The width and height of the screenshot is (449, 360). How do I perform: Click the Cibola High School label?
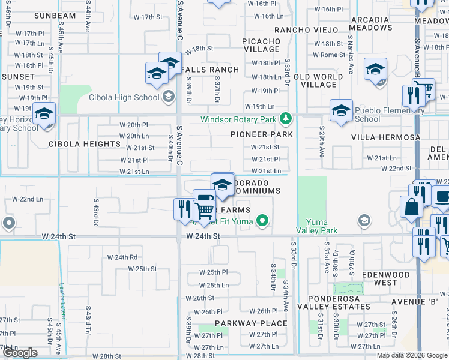click(124, 97)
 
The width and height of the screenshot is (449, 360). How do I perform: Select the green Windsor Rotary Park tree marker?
click(287, 118)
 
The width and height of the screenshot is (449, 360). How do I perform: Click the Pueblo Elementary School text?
click(384, 115)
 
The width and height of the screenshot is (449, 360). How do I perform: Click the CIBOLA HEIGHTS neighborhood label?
click(85, 144)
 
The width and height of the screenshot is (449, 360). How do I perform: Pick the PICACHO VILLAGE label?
click(261, 46)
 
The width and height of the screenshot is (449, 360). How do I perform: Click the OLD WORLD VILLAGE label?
click(318, 80)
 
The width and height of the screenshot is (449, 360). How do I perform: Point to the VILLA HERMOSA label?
click(386, 137)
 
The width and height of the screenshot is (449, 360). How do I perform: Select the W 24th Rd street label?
click(122, 257)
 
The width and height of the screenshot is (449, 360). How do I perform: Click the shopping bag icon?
click(412, 208)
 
